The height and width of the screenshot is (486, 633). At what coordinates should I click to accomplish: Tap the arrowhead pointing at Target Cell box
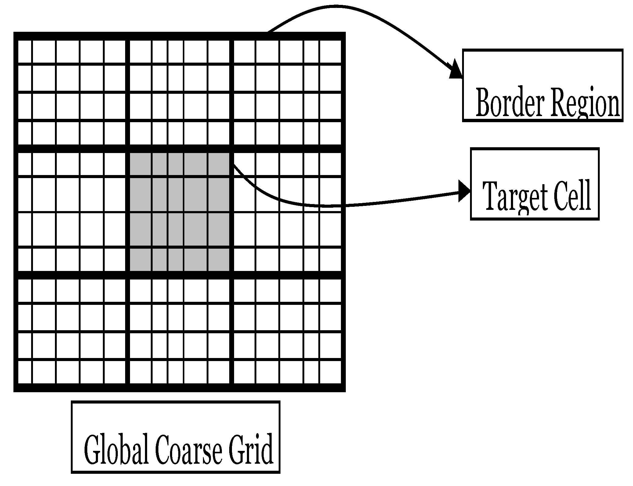tap(464, 191)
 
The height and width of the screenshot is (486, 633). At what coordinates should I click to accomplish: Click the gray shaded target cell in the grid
tap(179, 211)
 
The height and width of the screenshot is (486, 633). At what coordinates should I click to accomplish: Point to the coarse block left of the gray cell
tap(72, 211)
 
